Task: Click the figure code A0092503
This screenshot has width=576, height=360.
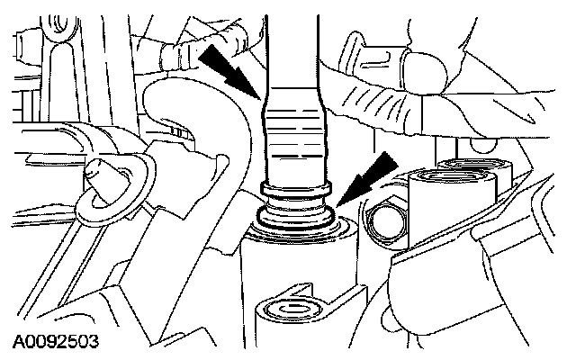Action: tap(56, 342)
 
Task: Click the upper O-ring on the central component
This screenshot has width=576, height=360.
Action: tap(296, 188)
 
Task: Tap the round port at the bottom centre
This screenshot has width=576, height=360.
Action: tap(290, 310)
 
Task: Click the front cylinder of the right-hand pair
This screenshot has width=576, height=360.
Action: tap(453, 210)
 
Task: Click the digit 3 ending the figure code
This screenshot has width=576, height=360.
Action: tap(94, 342)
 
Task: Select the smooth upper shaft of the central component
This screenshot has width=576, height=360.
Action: tap(292, 51)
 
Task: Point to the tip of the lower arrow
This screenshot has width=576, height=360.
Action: tap(337, 206)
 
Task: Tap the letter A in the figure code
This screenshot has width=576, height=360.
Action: tap(19, 342)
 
